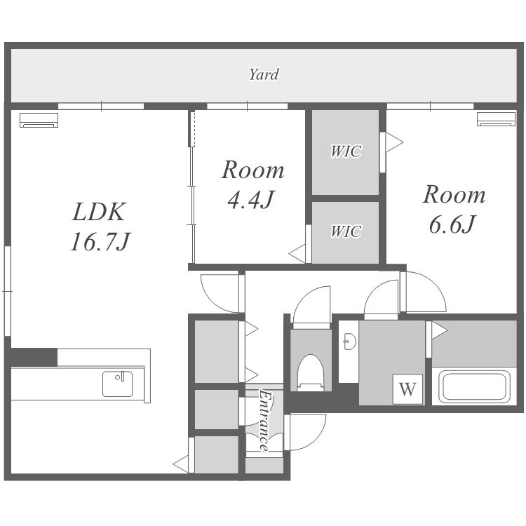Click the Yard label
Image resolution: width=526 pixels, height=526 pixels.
264,74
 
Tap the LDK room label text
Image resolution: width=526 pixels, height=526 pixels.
99,212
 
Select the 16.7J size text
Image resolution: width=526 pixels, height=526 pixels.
100,242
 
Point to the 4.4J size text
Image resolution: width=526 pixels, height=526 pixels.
251,200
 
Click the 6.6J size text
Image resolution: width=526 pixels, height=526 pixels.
452,224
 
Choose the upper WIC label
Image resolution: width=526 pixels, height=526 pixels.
346,151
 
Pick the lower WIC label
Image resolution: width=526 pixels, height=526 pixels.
346,231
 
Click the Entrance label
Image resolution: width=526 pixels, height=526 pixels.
264,420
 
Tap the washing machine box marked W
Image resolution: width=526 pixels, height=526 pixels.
407,389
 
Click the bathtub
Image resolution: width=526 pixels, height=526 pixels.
474,386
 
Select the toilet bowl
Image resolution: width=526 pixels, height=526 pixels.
311,372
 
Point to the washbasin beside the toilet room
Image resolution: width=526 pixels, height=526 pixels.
349,342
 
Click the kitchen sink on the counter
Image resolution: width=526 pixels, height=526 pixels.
117,384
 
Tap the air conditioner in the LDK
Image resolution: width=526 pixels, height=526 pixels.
39,120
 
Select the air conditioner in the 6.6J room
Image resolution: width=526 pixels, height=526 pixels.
496,119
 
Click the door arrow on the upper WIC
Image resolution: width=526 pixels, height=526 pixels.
394,142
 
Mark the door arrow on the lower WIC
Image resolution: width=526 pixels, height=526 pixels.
297,254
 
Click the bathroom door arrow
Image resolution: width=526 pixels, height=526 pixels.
440,330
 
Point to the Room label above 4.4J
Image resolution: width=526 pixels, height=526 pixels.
253,170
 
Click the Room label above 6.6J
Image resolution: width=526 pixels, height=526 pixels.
454,194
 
